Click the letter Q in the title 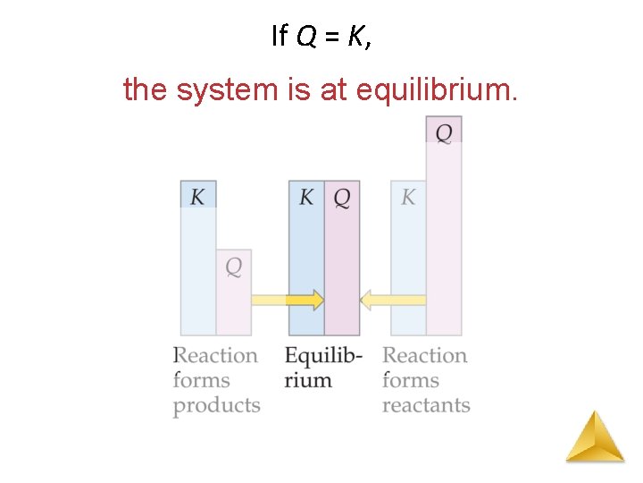305,36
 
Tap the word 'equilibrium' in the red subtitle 436,89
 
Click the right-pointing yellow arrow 288,300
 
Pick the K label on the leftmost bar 197,196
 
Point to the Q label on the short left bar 233,267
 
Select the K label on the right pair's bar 408,196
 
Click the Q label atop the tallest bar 444,132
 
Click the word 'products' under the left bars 216,406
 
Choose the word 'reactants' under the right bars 426,405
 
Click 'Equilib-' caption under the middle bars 323,356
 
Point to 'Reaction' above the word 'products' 215,355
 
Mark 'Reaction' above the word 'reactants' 424,355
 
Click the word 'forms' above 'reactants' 411,380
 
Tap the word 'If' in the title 278,36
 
